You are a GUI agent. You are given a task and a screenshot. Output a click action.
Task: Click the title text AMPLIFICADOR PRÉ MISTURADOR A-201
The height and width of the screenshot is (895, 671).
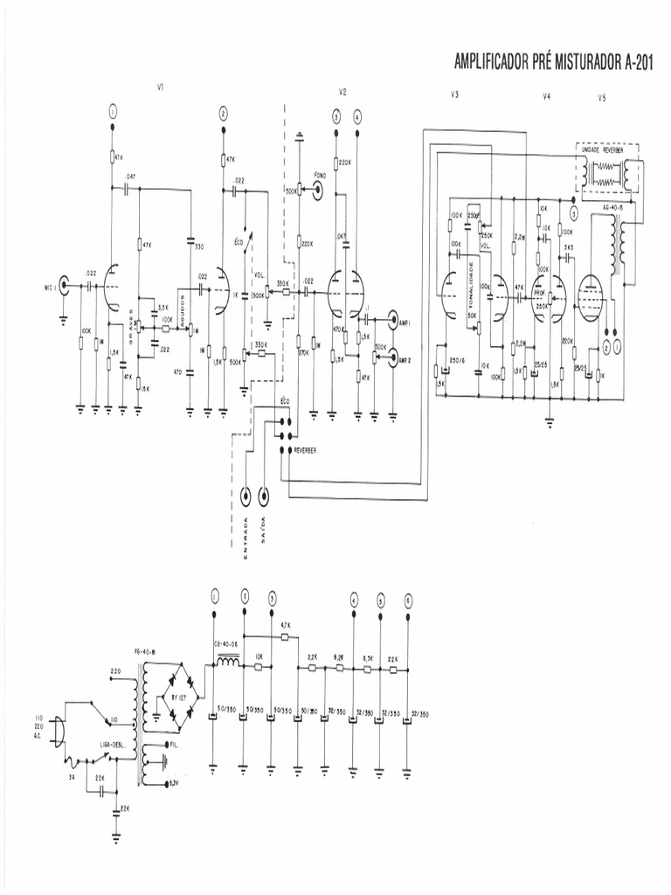click(x=554, y=62)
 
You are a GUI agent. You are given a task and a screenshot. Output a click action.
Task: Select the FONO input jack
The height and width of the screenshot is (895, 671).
click(x=315, y=187)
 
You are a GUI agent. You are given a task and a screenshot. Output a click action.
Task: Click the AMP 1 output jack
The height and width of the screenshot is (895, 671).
click(x=392, y=322)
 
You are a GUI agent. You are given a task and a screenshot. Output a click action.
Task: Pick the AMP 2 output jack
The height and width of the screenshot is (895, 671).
click(x=392, y=357)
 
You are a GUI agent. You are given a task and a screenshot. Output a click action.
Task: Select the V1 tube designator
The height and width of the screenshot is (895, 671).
click(x=161, y=87)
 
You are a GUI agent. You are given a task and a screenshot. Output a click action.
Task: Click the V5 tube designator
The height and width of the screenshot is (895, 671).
click(x=602, y=99)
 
